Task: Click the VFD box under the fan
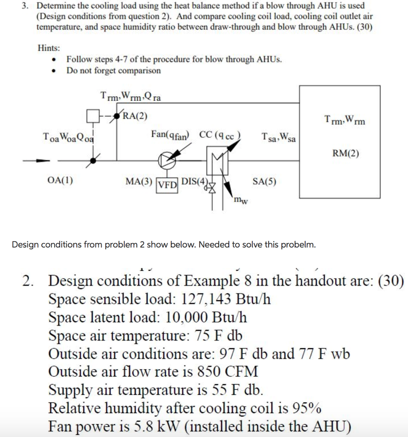(168, 186)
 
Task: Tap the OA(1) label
(58, 180)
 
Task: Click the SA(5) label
(264, 181)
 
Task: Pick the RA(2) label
(135, 116)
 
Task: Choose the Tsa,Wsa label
(279, 137)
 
